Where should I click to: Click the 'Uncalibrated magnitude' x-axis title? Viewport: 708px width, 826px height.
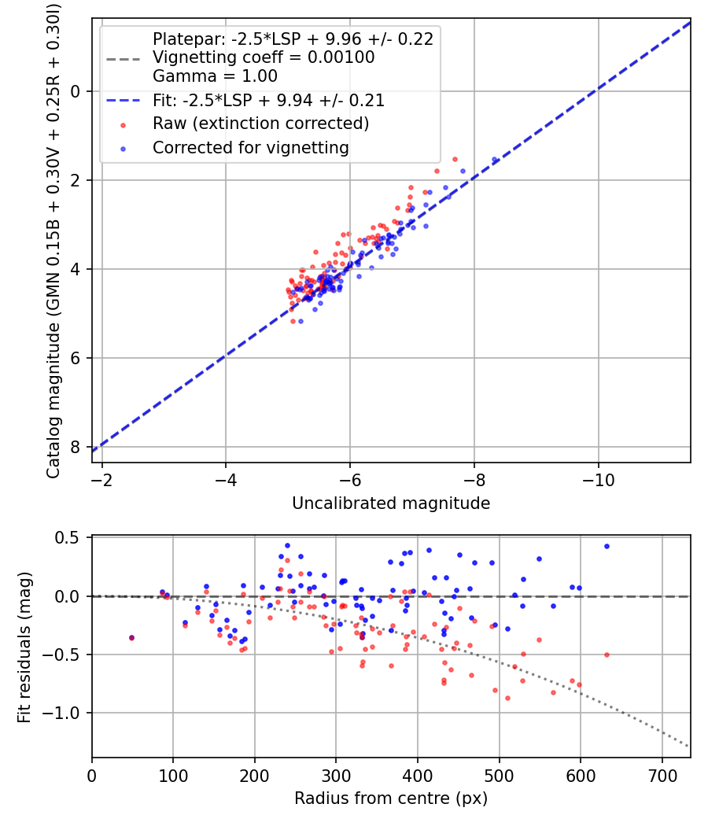point(391,503)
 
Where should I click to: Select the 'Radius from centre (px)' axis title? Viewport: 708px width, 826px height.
point(391,798)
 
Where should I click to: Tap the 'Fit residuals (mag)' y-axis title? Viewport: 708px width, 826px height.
point(24,647)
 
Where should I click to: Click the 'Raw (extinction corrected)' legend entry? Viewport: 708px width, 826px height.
point(260,124)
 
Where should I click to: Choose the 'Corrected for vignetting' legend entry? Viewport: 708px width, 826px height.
point(250,147)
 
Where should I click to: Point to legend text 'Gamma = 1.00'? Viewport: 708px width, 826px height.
point(215,76)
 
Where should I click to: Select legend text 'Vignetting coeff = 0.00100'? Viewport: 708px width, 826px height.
point(264,57)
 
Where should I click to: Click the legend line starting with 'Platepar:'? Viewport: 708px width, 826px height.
point(293,39)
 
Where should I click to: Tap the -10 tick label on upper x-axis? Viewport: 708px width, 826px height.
point(599,479)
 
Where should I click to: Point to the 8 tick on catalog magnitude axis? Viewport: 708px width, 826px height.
point(76,448)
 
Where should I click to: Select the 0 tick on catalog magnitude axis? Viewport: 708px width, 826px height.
point(76,91)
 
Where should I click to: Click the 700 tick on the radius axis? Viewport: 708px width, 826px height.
point(662,775)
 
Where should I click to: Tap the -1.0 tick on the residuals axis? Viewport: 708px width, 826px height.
point(65,714)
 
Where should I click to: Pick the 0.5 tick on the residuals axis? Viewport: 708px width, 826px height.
point(69,538)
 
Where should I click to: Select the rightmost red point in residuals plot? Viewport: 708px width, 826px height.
point(607,655)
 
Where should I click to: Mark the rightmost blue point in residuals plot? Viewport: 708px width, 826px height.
point(607,546)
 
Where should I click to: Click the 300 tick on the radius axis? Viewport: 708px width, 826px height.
point(336,775)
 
